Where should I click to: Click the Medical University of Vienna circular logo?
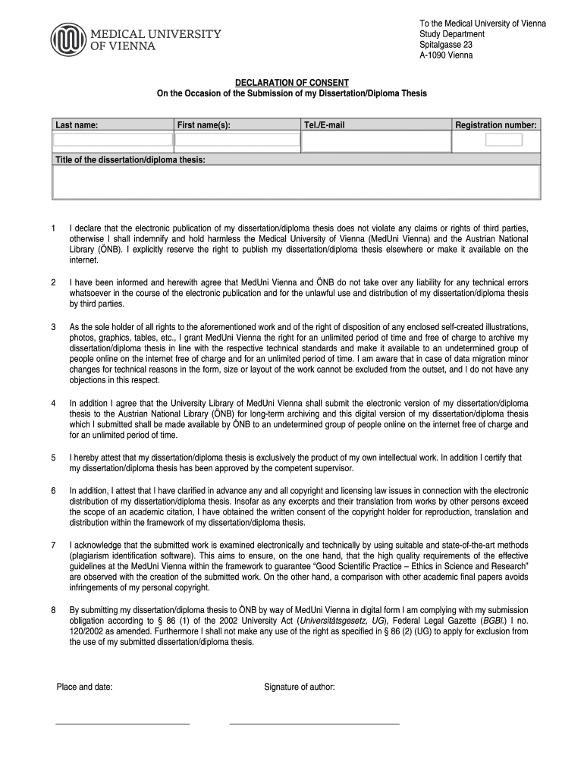(x=69, y=39)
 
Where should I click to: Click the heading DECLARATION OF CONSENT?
(x=291, y=82)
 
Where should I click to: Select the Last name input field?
(x=113, y=140)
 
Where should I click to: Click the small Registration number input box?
(x=504, y=140)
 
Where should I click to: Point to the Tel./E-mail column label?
(x=324, y=124)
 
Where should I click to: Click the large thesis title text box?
(x=296, y=182)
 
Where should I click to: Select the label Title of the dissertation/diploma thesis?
(x=130, y=159)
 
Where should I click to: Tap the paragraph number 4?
(x=53, y=404)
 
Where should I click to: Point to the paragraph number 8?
(x=53, y=610)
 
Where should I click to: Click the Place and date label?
(x=85, y=687)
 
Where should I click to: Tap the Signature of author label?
(x=300, y=687)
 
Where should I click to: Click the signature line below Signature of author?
(x=314, y=724)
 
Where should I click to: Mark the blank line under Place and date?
(x=122, y=724)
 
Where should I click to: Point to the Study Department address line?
(x=452, y=34)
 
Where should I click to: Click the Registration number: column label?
(x=496, y=124)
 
